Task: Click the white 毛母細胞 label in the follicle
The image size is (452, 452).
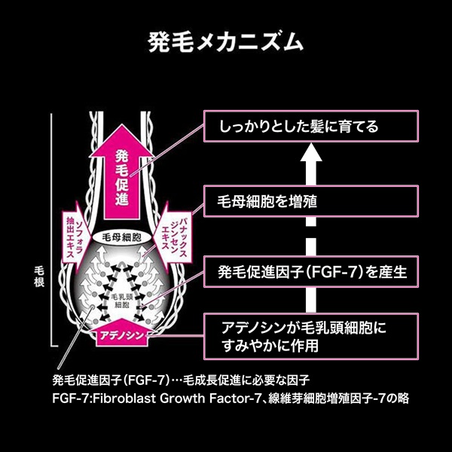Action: pyautogui.click(x=121, y=236)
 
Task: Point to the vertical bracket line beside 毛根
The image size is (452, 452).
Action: pyautogui.click(x=51, y=226)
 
